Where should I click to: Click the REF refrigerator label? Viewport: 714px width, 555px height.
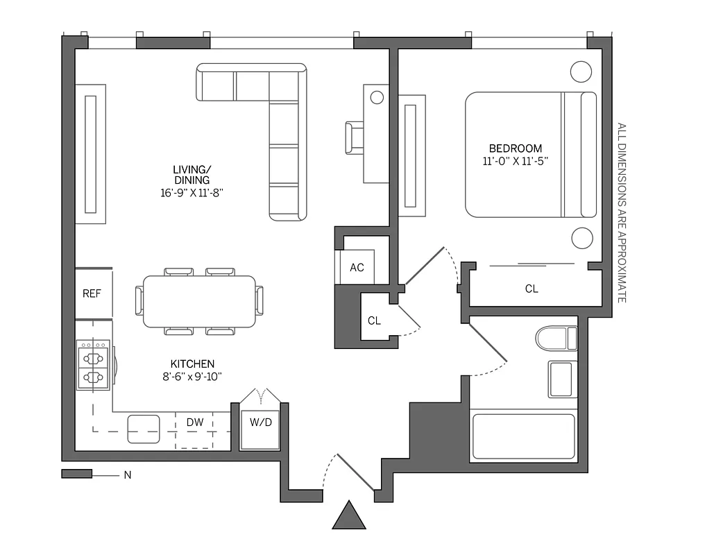tap(92, 293)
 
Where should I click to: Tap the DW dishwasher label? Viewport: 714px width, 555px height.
tap(195, 422)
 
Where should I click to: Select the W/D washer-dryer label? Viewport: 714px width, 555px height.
tap(260, 422)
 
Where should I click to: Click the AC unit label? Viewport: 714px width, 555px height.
tap(357, 268)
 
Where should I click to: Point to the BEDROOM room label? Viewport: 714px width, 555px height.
tap(516, 148)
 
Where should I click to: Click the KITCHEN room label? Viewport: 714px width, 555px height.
tap(192, 364)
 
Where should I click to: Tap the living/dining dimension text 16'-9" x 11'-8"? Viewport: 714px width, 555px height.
tap(192, 193)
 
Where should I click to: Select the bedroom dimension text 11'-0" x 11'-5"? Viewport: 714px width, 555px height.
tap(516, 161)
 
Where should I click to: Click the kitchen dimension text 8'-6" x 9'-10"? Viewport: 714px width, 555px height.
tap(192, 377)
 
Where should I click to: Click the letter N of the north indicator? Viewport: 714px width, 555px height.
tap(128, 475)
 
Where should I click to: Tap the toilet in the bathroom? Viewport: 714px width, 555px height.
tap(556, 339)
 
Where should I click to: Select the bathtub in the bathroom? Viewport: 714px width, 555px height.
tap(524, 436)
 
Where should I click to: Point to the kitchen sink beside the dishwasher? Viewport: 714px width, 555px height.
tap(144, 429)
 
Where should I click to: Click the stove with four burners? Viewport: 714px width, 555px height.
tap(94, 365)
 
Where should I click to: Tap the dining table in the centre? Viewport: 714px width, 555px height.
tap(199, 301)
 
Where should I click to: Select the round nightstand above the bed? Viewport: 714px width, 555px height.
tap(581, 71)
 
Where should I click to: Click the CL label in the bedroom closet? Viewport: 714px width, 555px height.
tap(532, 289)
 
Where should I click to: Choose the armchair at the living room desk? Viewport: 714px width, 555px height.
tap(355, 137)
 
